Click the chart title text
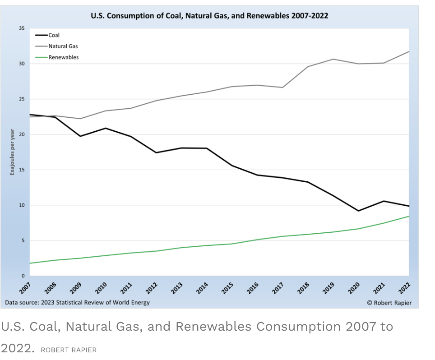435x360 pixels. point(209,15)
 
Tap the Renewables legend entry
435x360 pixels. point(63,57)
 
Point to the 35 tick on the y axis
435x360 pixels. point(22,28)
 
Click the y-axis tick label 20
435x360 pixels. point(22,134)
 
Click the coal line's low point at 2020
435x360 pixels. point(358,211)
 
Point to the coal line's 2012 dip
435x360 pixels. point(156,152)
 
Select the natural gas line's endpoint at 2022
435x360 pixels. point(409,51)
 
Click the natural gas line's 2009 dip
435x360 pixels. point(80,119)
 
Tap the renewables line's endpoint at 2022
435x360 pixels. point(409,216)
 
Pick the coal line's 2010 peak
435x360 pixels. point(106,128)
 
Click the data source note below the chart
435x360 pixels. point(77,302)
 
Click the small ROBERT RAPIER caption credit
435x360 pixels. point(69,350)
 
